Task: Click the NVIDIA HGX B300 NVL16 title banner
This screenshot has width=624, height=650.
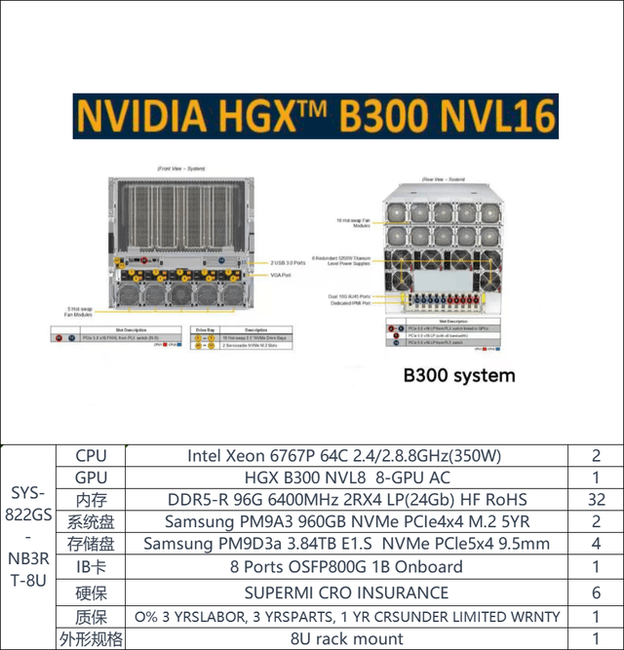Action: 315,117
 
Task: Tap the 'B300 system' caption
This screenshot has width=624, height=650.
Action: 458,374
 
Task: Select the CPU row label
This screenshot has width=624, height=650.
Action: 90,455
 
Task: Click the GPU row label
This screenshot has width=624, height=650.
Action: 90,478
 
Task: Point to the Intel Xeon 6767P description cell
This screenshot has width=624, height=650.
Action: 343,455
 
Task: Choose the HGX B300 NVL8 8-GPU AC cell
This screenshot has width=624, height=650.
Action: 343,478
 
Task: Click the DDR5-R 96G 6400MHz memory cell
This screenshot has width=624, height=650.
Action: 343,500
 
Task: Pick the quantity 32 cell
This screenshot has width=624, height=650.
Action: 597,500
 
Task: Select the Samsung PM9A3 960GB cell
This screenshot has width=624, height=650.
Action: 343,522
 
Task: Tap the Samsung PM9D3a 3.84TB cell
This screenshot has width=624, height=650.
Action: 343,544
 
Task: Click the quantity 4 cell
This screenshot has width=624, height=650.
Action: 597,544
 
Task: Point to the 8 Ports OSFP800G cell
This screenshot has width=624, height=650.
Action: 343,567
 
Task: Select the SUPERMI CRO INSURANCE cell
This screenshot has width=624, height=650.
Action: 343,593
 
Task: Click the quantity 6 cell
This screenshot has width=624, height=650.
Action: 597,593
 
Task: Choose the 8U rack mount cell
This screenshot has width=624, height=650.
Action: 343,639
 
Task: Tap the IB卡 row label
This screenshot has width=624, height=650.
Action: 90,567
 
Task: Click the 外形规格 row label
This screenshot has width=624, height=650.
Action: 90,639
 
